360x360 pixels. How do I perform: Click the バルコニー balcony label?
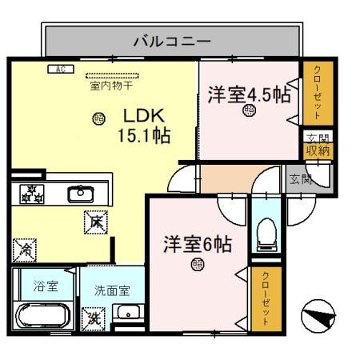pos(171,38)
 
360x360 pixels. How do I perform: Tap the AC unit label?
pos(58,70)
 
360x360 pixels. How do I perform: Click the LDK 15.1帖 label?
pos(145,126)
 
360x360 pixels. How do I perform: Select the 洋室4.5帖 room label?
pos(247,93)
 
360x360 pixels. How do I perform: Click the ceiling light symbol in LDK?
pos(98,118)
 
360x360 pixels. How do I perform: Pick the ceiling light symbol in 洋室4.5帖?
pos(250,112)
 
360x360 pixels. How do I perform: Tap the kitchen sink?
pos(81,194)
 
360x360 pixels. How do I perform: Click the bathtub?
pos(43,315)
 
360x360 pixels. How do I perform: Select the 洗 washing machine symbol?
pos(94,318)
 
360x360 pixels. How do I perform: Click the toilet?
pos(266,234)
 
